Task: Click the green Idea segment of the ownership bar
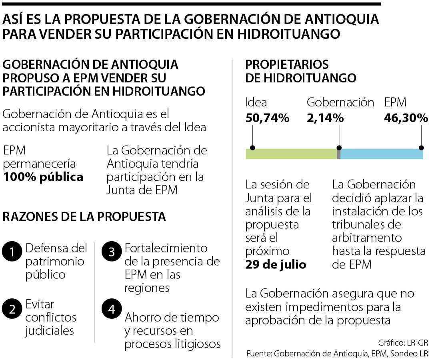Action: pos(291,154)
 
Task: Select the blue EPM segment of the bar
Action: pos(381,154)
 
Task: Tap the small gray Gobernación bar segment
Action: pos(338,154)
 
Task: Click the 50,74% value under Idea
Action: pos(267,118)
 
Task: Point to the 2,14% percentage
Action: pos(325,118)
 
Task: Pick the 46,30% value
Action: pos(406,118)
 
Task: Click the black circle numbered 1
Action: pos(12,252)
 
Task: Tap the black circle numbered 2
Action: pos(12,309)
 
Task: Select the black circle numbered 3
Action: pos(112,252)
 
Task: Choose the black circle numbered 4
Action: pos(112,309)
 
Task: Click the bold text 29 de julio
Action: pos(276,264)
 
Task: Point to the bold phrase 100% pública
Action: pos(43,177)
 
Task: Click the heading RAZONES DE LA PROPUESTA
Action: pos(84,216)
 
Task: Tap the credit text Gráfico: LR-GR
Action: pos(403,343)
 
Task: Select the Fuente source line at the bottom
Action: pos(337,354)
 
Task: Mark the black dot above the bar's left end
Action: pos(252,147)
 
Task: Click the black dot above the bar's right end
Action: pos(421,147)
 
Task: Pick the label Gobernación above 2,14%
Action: pos(340,102)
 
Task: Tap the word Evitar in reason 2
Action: pos(40,304)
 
